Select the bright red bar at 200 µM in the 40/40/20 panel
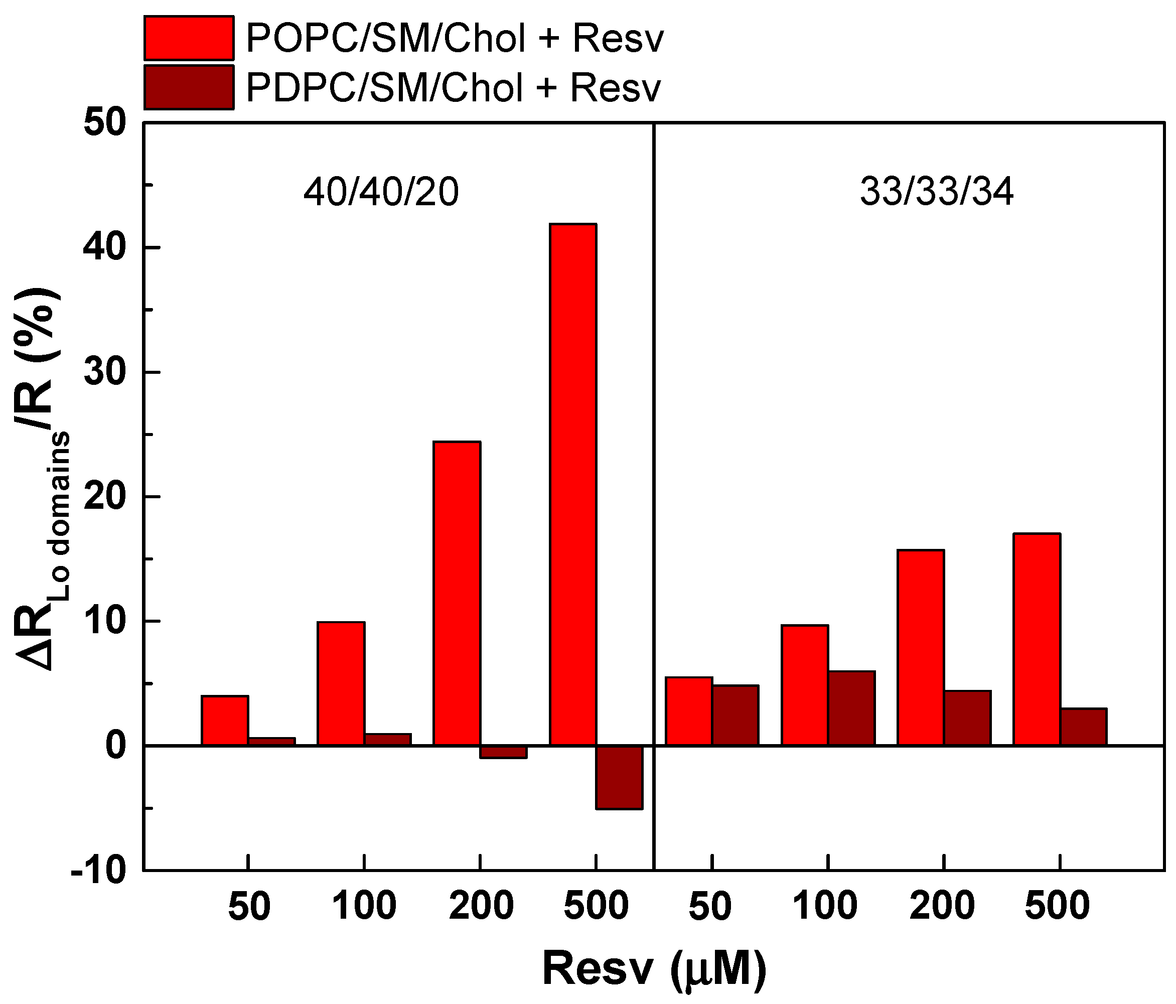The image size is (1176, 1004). (x=457, y=593)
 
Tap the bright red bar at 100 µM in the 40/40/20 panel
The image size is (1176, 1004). (x=341, y=683)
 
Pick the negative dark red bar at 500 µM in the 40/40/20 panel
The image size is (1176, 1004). (x=619, y=777)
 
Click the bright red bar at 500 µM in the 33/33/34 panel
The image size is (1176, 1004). (x=1037, y=639)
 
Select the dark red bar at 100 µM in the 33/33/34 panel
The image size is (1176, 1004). (x=851, y=708)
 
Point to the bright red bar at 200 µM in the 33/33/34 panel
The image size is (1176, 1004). (x=920, y=647)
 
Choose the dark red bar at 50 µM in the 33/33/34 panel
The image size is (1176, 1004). (x=736, y=715)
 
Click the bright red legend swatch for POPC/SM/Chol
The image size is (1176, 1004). (x=189, y=38)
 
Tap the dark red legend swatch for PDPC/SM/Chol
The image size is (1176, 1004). (x=189, y=87)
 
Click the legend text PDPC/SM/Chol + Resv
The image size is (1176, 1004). (x=454, y=88)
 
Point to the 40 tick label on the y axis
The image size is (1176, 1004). (x=104, y=248)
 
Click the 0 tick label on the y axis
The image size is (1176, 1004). (x=115, y=745)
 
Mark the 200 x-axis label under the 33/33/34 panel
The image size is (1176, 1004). (x=942, y=906)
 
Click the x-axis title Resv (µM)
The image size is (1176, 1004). (x=654, y=969)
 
